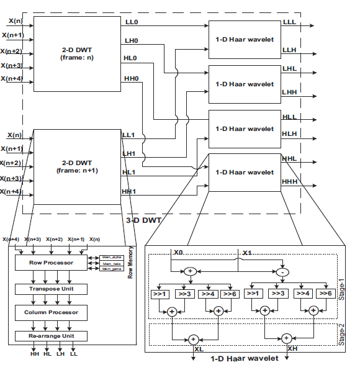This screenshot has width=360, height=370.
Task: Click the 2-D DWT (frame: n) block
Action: pos(78,52)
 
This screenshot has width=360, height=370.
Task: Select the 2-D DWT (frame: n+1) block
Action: pos(78,165)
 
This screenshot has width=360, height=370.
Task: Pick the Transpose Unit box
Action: pos(52,289)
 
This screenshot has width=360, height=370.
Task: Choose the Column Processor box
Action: pos(52,312)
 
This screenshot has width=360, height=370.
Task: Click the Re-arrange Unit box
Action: pos(52,336)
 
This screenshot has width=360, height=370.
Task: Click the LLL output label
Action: pos(289,22)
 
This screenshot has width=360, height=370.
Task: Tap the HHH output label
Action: pos(290,181)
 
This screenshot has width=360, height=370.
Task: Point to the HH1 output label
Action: pos(129,191)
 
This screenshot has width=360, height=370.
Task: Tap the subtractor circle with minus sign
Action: pos(284,272)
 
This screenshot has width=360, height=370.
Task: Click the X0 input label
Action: pos(180,253)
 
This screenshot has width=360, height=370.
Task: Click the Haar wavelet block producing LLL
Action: pos(243,39)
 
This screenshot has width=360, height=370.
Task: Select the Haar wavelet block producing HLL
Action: pos(243,129)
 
